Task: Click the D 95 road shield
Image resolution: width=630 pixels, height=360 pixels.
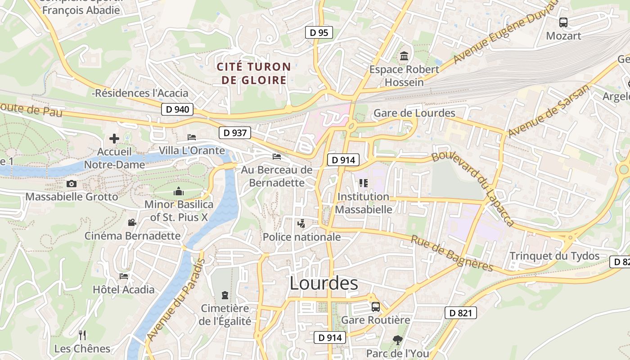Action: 319,32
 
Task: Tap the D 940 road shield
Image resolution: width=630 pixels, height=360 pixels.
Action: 177,109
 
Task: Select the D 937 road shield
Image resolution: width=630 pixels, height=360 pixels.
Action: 234,133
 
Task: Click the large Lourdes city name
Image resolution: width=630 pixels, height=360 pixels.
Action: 324,283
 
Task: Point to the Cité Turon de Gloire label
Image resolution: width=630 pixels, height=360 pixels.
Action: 254,73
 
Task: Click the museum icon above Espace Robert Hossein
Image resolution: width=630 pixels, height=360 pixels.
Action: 404,57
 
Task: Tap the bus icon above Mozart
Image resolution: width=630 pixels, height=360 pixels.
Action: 563,22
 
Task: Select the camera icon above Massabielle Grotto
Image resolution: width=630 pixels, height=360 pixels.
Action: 71,184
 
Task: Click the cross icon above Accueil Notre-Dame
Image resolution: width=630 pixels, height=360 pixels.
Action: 114,138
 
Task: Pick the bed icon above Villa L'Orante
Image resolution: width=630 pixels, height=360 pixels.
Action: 192,137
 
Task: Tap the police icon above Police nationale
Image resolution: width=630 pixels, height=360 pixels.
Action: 301,223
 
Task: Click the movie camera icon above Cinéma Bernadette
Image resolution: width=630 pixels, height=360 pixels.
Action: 132,222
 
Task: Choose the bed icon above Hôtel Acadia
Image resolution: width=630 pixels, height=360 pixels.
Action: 124,276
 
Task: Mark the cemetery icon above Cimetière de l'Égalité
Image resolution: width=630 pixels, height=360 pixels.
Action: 225,295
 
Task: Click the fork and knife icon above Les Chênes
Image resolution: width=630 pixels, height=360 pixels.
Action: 82,335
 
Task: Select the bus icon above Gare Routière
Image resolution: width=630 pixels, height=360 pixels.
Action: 376,307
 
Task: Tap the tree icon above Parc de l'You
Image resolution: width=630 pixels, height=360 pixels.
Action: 397,340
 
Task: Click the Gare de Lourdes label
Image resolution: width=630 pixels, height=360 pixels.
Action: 414,113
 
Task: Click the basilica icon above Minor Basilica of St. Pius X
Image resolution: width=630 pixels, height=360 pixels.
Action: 179,191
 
